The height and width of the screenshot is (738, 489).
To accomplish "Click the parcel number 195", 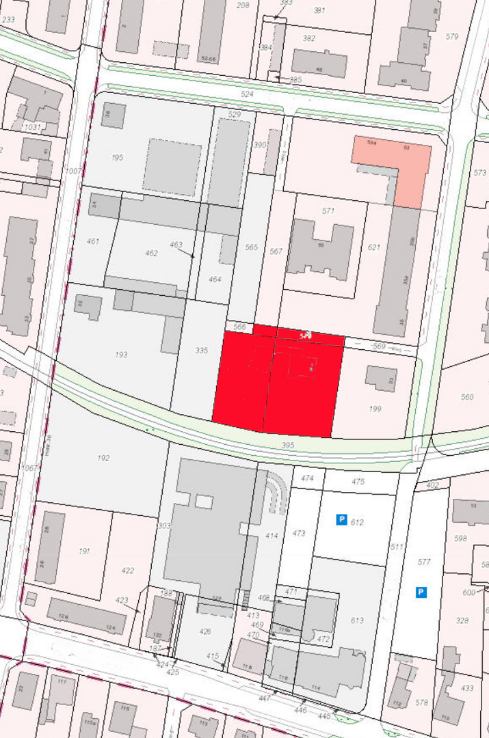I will (x=117, y=158).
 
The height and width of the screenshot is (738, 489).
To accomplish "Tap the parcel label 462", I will (x=152, y=254).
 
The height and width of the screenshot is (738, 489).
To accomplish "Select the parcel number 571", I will (x=328, y=211).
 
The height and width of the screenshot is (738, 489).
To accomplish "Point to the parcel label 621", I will (x=373, y=247).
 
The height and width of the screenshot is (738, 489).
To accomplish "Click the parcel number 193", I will (x=122, y=355).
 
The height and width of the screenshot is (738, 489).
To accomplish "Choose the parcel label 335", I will (x=200, y=351).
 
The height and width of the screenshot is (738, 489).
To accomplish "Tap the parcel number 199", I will (x=375, y=409).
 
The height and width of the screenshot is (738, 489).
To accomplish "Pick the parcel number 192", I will (x=103, y=458).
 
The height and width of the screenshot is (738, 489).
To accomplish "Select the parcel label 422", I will (x=128, y=571).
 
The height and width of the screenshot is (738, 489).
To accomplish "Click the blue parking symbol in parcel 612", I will (x=341, y=520).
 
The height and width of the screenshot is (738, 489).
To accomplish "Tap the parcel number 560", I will (x=467, y=397).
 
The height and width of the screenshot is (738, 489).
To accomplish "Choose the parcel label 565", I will (x=251, y=247).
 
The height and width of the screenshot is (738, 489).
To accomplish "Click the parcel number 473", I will (x=299, y=533).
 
